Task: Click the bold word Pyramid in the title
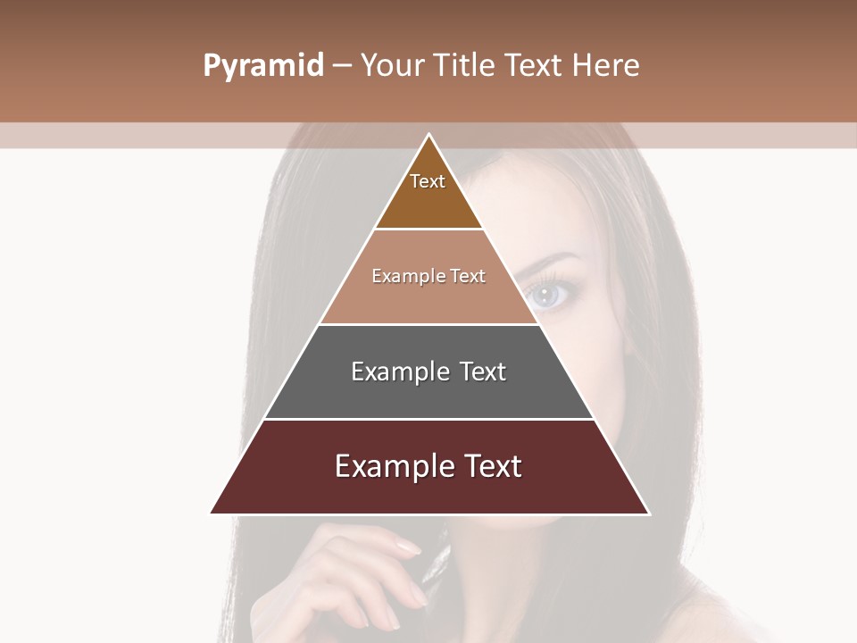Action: pyautogui.click(x=263, y=66)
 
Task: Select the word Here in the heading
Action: pyautogui.click(x=605, y=66)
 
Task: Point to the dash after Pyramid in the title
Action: pyautogui.click(x=342, y=66)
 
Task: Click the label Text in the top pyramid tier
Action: pyautogui.click(x=428, y=181)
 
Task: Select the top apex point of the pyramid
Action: pyautogui.click(x=429, y=134)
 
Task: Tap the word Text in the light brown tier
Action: pyautogui.click(x=468, y=276)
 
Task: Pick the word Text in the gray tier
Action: pyautogui.click(x=483, y=372)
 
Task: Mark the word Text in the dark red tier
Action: pyautogui.click(x=493, y=466)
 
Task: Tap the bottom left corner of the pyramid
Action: pyautogui.click(x=211, y=514)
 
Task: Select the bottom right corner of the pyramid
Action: pyautogui.click(x=649, y=514)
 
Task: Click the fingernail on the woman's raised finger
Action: pyautogui.click(x=407, y=547)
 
